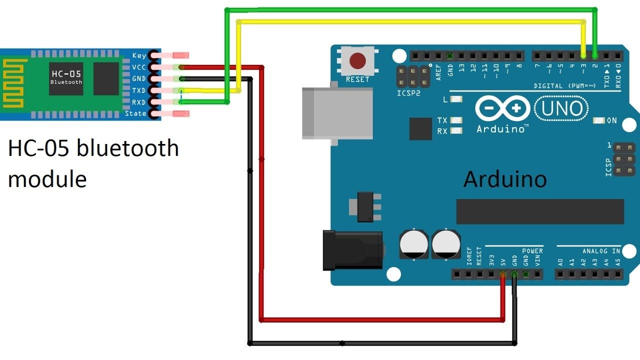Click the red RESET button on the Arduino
click(x=357, y=61)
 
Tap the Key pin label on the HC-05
click(x=139, y=55)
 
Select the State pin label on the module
click(x=136, y=113)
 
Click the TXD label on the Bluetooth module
click(x=139, y=90)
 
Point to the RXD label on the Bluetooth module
click(x=139, y=102)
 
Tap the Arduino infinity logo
click(x=503, y=108)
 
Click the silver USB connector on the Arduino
click(x=337, y=112)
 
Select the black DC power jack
click(x=352, y=250)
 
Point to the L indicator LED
click(x=456, y=99)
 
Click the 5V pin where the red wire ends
click(x=503, y=274)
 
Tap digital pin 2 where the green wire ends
click(x=594, y=55)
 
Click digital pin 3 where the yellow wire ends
click(x=583, y=55)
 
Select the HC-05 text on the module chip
click(x=66, y=74)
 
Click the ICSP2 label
click(x=408, y=93)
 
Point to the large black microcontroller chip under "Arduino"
click(x=540, y=211)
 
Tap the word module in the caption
click(x=47, y=178)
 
